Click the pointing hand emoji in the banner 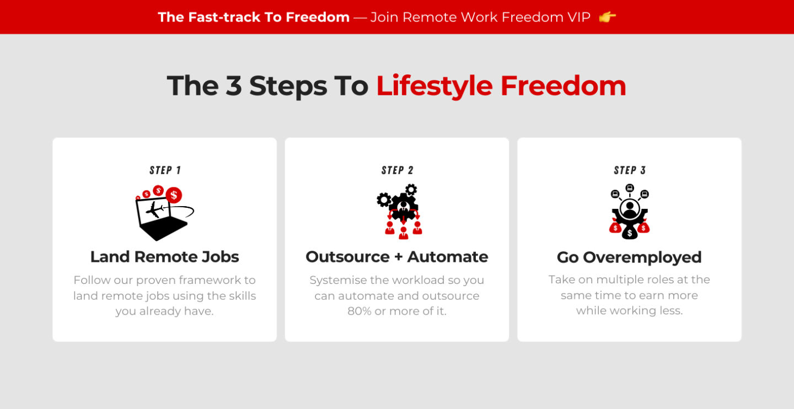pyautogui.click(x=607, y=17)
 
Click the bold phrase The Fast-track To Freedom pyautogui.click(x=254, y=17)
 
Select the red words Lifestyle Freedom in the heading pyautogui.click(x=501, y=86)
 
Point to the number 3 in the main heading pyautogui.click(x=234, y=86)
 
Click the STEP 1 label pyautogui.click(x=165, y=170)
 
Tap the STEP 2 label pyautogui.click(x=397, y=170)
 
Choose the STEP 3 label pyautogui.click(x=630, y=170)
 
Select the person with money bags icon pyautogui.click(x=630, y=212)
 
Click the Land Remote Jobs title pyautogui.click(x=165, y=257)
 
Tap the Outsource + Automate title pyautogui.click(x=397, y=257)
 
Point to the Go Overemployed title pyautogui.click(x=629, y=257)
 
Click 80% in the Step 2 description pyautogui.click(x=360, y=311)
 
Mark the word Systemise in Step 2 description pyautogui.click(x=336, y=280)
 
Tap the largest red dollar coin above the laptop pyautogui.click(x=174, y=195)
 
